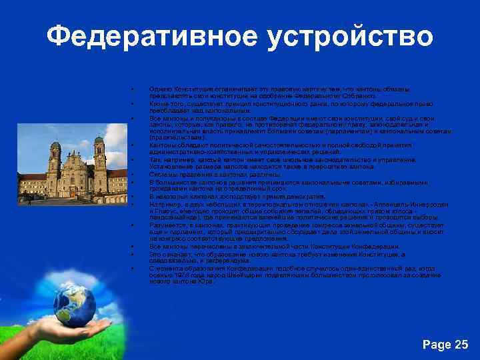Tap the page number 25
461,344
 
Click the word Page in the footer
437,344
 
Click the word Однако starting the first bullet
160,89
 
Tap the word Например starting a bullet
163,205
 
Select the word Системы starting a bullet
162,175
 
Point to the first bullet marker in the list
133,89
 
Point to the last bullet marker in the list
133,268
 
